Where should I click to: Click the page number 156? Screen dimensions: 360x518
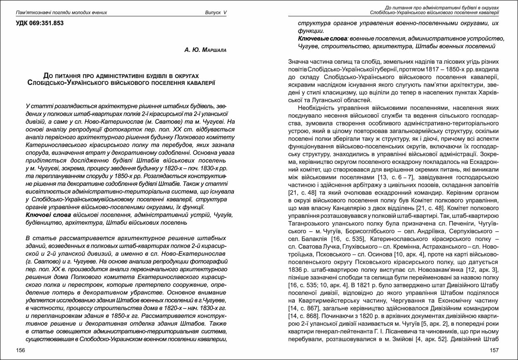pyautogui.click(x=20, y=350)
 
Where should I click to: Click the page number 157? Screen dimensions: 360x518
pyautogui.click(x=494, y=350)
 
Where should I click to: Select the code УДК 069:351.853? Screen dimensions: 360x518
pyautogui.click(x=40, y=23)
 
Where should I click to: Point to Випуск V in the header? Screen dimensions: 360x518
pyautogui.click(x=215, y=12)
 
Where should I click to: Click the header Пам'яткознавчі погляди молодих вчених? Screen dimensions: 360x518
pyautogui.click(x=61, y=12)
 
